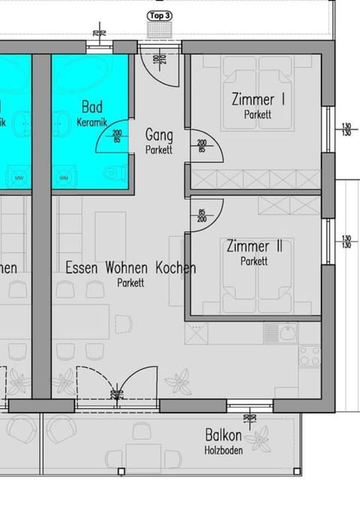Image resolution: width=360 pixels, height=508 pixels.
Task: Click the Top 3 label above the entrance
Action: (x=160, y=15)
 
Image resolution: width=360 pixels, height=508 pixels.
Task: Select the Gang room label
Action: (x=159, y=136)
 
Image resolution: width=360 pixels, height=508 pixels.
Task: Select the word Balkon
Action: (x=223, y=436)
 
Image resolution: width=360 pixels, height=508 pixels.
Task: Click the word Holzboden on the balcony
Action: (x=223, y=450)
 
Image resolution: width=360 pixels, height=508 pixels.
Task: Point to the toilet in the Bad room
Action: (x=113, y=173)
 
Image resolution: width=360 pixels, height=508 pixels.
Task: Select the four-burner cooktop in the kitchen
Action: (x=309, y=356)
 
